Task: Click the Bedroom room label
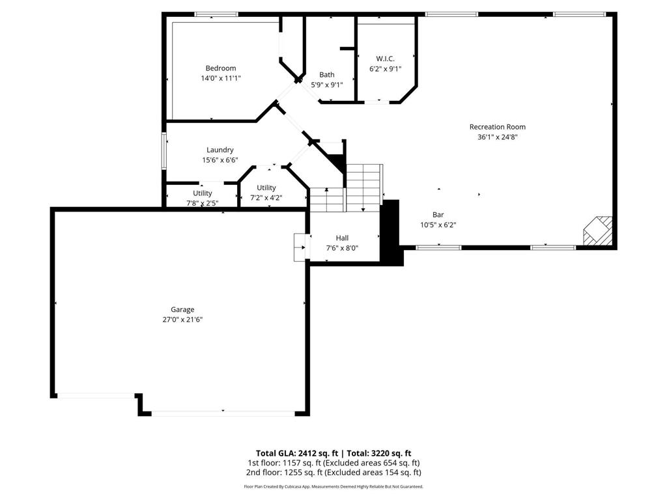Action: (221, 68)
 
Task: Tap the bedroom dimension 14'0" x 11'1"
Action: (221, 78)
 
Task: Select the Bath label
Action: (326, 75)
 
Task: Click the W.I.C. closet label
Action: (385, 59)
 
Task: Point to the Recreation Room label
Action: (497, 127)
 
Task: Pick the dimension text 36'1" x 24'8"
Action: (497, 137)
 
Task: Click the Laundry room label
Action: (220, 150)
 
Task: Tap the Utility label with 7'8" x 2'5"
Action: (202, 193)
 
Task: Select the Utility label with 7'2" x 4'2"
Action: (266, 188)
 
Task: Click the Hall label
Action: (342, 238)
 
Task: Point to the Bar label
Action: (438, 215)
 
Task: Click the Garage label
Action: (182, 310)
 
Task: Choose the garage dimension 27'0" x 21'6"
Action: (182, 320)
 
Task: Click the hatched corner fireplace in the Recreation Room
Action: (598, 232)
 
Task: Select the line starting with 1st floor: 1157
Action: (333, 463)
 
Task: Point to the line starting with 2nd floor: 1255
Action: (333, 473)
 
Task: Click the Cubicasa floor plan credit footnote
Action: (333, 486)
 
